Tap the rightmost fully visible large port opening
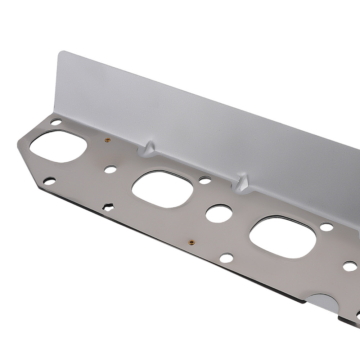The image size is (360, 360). click(x=283, y=237)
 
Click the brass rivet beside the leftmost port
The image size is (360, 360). click(x=107, y=140)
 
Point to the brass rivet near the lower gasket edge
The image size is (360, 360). click(x=192, y=242)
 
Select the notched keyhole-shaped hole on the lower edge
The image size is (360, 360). click(x=108, y=207)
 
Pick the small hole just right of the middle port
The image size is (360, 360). click(x=204, y=179)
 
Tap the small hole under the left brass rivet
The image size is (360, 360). click(x=111, y=168)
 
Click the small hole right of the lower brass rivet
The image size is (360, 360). click(x=226, y=257)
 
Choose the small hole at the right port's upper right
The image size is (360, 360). click(x=327, y=227)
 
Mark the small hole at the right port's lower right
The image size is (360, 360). click(x=349, y=267)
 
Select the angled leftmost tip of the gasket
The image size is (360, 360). click(x=19, y=144)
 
